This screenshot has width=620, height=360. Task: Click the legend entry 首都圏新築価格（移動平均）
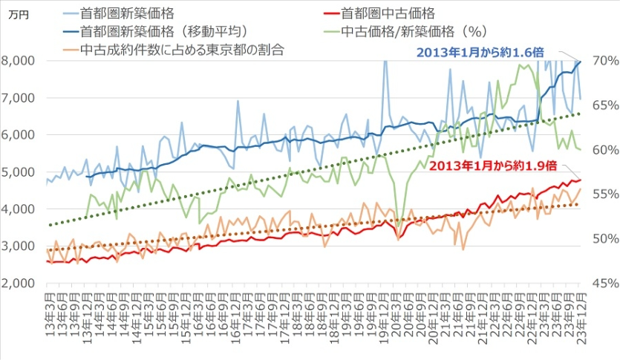[x=163, y=32]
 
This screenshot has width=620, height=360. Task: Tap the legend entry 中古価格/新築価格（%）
[x=417, y=32]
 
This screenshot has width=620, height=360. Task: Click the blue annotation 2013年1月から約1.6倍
[x=479, y=52]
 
